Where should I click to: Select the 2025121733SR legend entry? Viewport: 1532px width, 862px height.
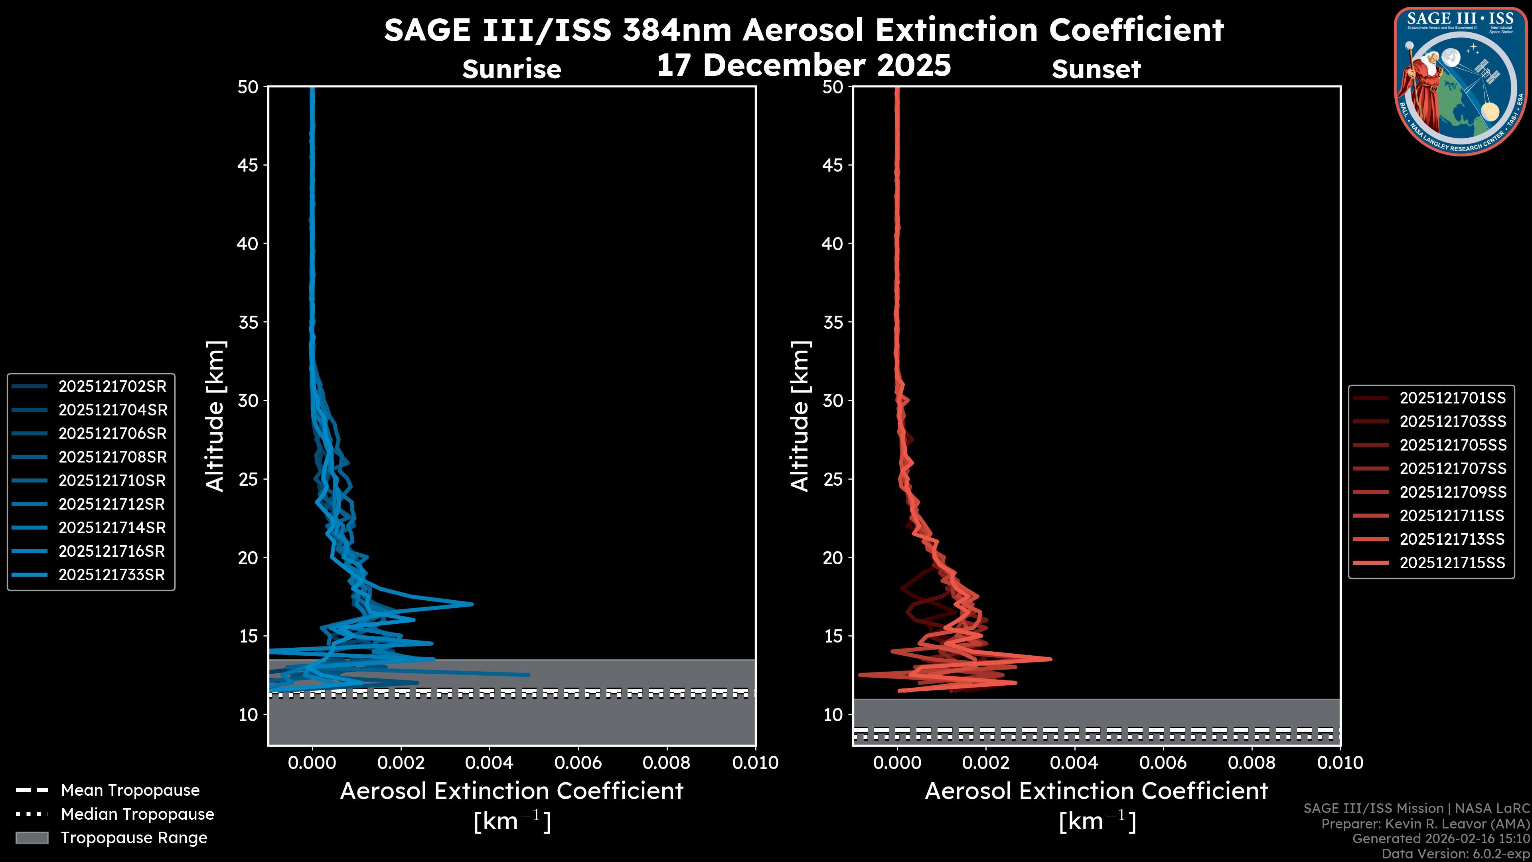[x=111, y=575]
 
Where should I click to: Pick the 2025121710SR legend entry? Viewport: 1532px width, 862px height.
[x=112, y=480]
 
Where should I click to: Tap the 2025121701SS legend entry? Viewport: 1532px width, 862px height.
[x=1452, y=398]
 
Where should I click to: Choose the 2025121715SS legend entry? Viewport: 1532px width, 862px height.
[x=1452, y=563]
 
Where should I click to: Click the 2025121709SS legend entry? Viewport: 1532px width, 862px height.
[x=1452, y=492]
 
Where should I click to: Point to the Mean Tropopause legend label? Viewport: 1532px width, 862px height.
[x=130, y=790]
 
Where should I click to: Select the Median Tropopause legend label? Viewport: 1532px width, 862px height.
[x=137, y=814]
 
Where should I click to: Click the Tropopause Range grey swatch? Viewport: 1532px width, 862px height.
[x=32, y=838]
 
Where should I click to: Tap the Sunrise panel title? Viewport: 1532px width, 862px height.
[x=511, y=69]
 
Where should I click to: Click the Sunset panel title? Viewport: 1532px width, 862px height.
[x=1096, y=69]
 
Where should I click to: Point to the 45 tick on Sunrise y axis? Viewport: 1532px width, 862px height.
[x=247, y=165]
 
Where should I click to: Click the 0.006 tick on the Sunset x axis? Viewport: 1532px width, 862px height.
[x=1163, y=763]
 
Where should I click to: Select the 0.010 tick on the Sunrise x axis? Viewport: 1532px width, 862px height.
[x=755, y=763]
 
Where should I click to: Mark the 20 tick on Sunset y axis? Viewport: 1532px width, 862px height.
[x=833, y=558]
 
